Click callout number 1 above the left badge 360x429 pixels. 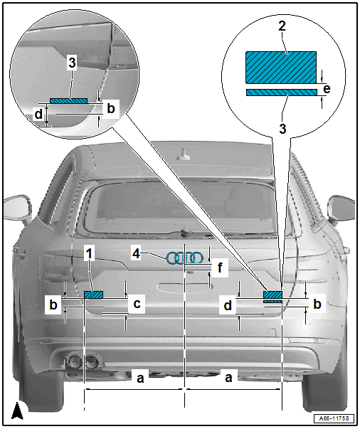pyautogui.click(x=89, y=253)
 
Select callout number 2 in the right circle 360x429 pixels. pyautogui.click(x=282, y=26)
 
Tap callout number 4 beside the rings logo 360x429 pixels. pyautogui.click(x=136, y=253)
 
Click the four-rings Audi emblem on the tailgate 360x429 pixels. pyautogui.click(x=185, y=258)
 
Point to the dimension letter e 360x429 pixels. pyautogui.click(x=327, y=89)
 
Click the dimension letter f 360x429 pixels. pyautogui.click(x=220, y=268)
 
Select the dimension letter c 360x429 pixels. pyautogui.click(x=137, y=304)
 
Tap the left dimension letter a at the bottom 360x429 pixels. pyautogui.click(x=140, y=378)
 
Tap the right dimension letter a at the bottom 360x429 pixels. pyautogui.click(x=228, y=378)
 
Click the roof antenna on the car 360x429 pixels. pyautogui.click(x=183, y=154)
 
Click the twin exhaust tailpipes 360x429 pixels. pyautogui.click(x=83, y=361)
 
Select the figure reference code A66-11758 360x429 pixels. pyautogui.click(x=334, y=418)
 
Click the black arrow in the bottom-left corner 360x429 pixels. pyautogui.click(x=17, y=411)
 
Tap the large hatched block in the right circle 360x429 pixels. pyautogui.click(x=281, y=68)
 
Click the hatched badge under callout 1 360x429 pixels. pyautogui.click(x=93, y=295)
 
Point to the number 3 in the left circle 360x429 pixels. pyautogui.click(x=72, y=63)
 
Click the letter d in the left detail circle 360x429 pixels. pyautogui.click(x=39, y=114)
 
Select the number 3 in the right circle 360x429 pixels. pyautogui.click(x=282, y=129)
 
